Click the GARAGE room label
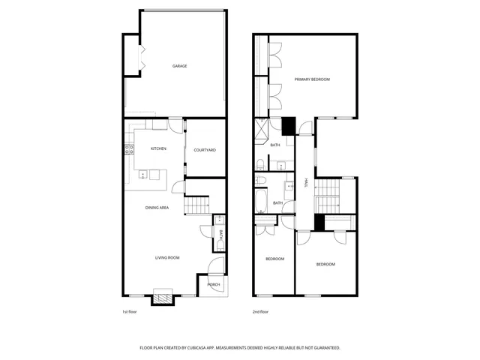coord(179,66)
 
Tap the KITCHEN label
coord(158,149)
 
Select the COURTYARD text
coord(205,150)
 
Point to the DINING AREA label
coord(156,208)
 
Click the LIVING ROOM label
coord(167,258)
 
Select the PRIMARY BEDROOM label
coord(312,79)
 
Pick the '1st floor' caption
coord(130,311)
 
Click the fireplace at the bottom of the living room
coord(163,296)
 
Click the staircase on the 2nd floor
coord(328,197)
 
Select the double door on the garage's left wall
coord(138,58)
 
